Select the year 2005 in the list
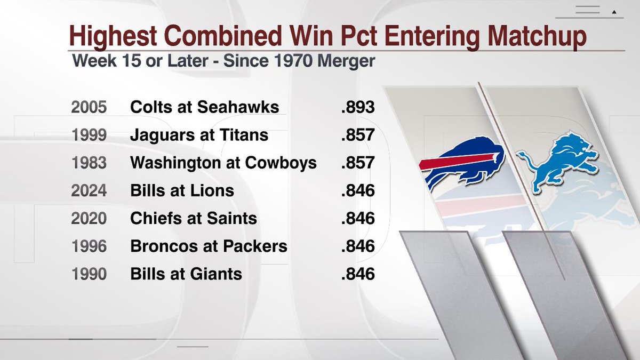89,107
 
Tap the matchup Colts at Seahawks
204,107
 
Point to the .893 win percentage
358,107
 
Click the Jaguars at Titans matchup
199,135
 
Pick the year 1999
89,135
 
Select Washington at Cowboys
223,163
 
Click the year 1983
89,163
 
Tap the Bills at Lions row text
182,190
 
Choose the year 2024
89,190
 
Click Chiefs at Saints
194,218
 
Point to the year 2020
89,218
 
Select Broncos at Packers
209,246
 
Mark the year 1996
89,246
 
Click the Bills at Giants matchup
186,274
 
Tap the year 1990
89,274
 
